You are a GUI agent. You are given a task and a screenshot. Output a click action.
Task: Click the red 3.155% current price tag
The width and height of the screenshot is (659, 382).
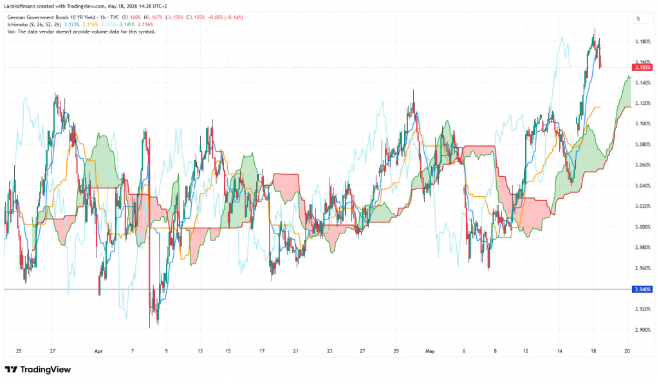tap(643, 67)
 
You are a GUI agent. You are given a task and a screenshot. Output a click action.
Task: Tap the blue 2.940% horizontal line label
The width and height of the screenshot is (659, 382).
tap(643, 289)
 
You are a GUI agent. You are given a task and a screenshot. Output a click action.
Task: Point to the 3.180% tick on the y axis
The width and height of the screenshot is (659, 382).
tap(643, 42)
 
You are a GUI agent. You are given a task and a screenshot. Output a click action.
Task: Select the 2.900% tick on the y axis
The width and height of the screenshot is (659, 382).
tap(643, 330)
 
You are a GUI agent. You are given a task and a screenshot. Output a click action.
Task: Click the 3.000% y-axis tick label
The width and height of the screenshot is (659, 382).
tap(643, 227)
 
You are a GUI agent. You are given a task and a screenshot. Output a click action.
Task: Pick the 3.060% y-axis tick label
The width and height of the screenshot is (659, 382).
tap(643, 165)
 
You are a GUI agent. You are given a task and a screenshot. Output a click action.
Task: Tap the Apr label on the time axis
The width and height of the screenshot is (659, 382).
tap(98, 351)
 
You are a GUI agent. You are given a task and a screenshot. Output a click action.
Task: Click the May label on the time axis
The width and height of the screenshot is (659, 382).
tap(430, 351)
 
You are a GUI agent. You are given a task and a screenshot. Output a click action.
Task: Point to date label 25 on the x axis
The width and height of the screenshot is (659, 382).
tap(19, 351)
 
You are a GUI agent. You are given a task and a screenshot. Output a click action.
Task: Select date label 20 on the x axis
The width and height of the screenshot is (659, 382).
tap(627, 351)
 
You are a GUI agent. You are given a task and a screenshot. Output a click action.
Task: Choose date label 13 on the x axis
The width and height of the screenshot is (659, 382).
tap(200, 351)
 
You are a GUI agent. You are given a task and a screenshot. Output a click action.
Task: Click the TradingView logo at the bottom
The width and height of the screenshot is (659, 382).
tap(38, 369)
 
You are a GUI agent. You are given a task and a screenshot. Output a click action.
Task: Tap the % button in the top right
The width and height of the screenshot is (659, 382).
tap(638, 19)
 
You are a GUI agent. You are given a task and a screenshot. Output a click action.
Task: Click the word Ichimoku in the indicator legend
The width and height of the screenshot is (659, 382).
tap(17, 25)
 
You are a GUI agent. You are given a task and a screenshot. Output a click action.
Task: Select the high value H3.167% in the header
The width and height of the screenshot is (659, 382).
tap(153, 17)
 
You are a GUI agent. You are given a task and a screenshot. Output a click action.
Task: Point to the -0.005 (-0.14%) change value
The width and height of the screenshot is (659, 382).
tap(225, 17)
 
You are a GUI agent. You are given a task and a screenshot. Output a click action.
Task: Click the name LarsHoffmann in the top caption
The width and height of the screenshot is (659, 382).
tap(19, 6)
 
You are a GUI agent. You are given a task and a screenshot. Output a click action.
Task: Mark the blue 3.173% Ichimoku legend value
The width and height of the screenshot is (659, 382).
tap(71, 25)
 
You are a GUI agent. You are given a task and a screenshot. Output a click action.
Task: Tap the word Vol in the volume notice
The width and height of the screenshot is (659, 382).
tap(11, 32)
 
